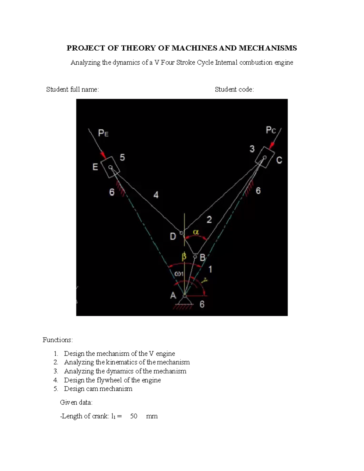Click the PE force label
pos(103,133)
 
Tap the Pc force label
pos(271,130)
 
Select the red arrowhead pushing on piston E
pos(104,156)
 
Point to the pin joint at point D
pos(181,233)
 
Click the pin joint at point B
pos(195,256)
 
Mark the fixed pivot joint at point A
pos(184,295)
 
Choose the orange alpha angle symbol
pos(196,232)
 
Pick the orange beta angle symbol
pos(184,257)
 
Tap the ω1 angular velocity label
pos(179,274)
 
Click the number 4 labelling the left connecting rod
pos(156,195)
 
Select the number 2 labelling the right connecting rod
pos(209,220)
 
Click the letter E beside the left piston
pos(95,167)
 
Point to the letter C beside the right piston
pos(279,160)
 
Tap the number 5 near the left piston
pos(122,157)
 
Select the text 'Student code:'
pos(234,89)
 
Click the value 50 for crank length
pos(133,416)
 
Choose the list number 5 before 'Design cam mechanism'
pos(56,389)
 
